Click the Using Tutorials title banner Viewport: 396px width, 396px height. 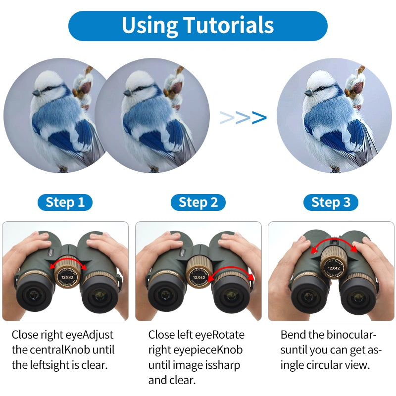coord(198,25)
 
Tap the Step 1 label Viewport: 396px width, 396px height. coord(65,202)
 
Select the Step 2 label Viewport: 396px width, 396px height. coord(198,202)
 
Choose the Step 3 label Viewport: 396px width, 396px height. coord(331,202)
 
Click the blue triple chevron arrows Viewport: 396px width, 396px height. coord(243,117)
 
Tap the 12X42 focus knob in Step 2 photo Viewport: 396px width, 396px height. coord(198,275)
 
